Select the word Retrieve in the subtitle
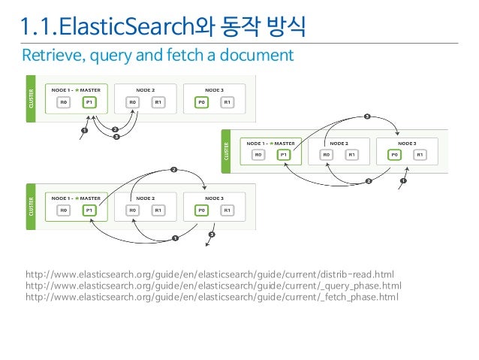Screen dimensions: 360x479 click(49, 56)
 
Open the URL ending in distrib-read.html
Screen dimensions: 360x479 click(209, 274)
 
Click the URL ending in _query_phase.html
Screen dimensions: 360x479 click(213, 286)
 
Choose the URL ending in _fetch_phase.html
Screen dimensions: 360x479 click(212, 297)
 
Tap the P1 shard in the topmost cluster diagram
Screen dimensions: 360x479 click(90, 103)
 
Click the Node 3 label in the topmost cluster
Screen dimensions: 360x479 click(214, 89)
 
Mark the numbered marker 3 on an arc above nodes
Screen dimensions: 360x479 click(367, 116)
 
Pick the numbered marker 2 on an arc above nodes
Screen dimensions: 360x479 click(173, 170)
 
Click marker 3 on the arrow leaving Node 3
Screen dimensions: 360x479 click(212, 235)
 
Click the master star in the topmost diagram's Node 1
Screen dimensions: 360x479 click(77, 89)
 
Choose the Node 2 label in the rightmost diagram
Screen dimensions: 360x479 click(339, 142)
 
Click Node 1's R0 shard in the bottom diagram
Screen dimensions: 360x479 click(65, 210)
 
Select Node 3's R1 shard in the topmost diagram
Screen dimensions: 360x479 click(227, 103)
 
